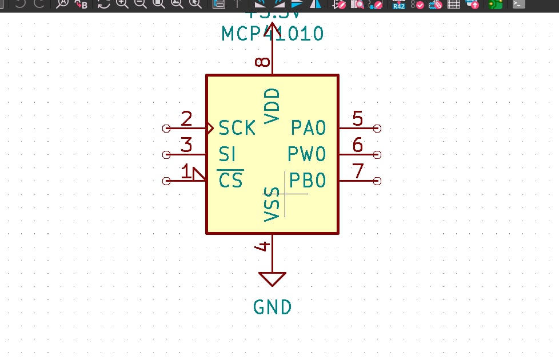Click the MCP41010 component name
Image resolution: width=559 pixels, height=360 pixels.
272,33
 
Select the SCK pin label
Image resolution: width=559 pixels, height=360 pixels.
237,128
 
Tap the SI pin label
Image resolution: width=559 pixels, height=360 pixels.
227,154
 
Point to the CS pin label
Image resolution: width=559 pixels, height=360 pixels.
231,181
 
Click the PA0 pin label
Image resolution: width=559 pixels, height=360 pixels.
308,128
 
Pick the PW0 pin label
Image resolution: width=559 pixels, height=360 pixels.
306,154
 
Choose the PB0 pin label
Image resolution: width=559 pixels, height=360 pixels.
308,181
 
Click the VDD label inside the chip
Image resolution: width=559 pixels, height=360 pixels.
272,106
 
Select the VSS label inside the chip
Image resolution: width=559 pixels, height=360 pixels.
272,204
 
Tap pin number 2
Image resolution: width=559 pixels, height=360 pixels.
186,119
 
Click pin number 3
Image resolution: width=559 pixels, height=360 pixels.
186,145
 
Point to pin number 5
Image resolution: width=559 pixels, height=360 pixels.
358,119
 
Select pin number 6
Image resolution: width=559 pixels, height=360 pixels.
358,145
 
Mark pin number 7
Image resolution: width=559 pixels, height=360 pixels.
358,171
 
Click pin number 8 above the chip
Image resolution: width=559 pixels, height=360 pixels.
263,61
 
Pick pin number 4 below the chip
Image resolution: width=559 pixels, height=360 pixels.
263,246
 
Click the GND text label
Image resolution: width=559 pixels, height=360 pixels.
272,307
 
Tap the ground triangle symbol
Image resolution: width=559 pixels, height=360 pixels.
272,278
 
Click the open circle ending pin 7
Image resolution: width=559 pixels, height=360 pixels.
377,181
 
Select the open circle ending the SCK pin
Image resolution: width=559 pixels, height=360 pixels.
167,128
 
